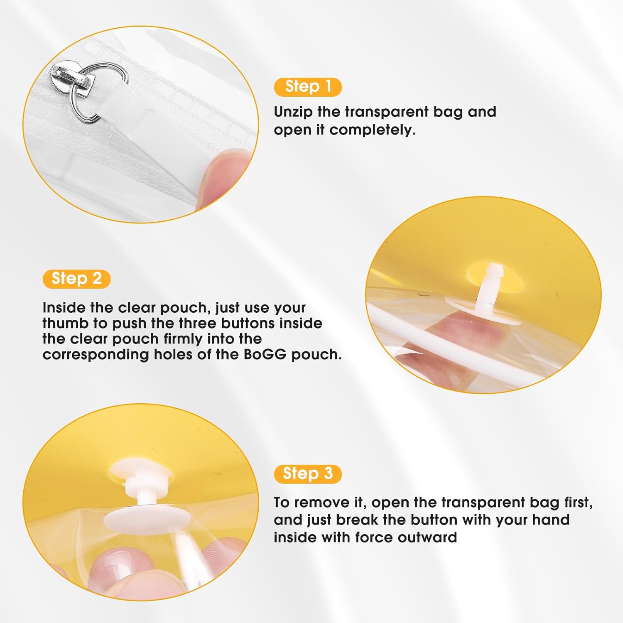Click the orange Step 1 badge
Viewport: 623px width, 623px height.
tap(308, 87)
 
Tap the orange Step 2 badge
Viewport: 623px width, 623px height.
tap(76, 279)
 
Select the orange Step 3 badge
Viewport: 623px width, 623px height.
tap(308, 474)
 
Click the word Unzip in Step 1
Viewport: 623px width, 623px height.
tap(293, 112)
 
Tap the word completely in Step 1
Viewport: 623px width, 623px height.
tap(373, 130)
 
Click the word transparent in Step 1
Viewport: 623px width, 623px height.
tap(386, 112)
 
